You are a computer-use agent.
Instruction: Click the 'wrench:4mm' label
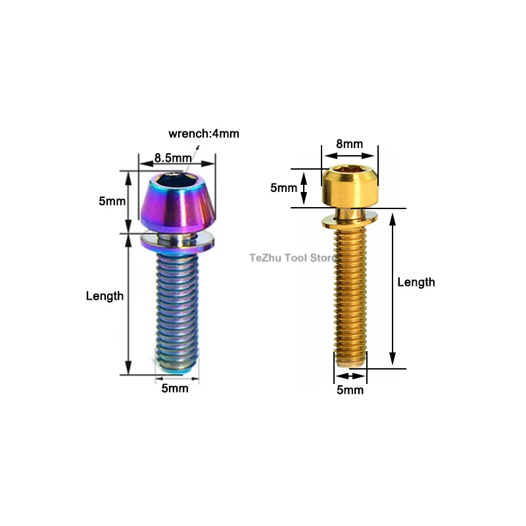204,133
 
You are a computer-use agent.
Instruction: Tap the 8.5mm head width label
173,158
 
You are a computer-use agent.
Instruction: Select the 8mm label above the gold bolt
350,144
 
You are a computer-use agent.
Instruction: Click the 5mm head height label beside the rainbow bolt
112,201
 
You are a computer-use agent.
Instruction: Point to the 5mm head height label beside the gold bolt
284,188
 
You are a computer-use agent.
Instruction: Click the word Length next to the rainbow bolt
105,296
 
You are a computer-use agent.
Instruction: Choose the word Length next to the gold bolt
416,282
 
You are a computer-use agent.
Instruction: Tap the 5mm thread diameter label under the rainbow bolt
175,388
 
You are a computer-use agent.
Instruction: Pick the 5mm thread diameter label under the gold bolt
350,390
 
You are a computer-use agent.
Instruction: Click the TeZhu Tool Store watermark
293,258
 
